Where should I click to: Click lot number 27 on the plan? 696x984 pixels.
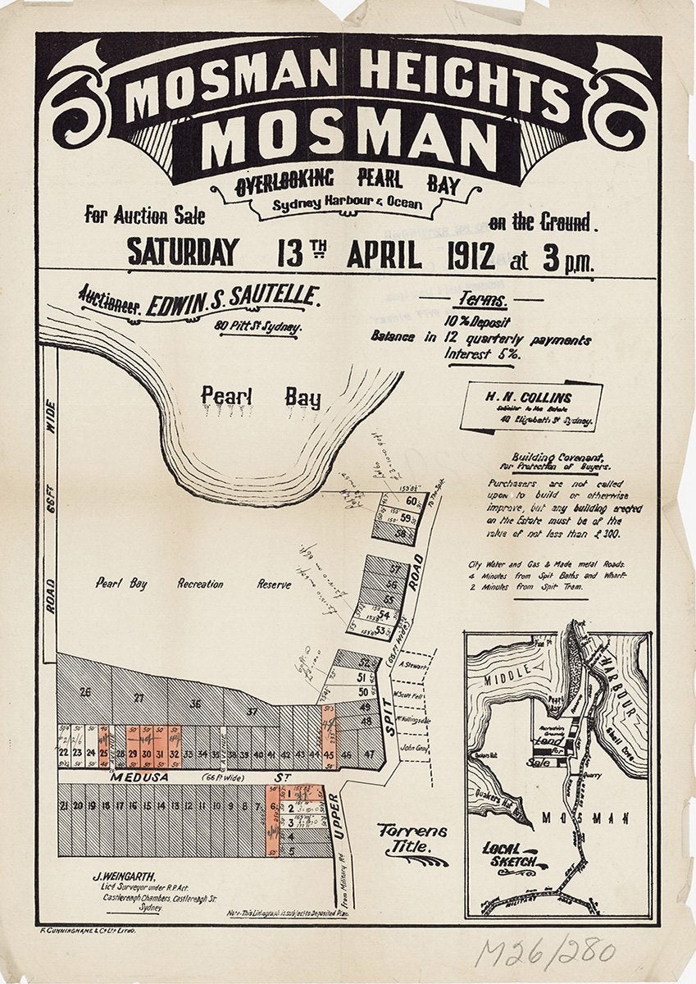tap(139, 699)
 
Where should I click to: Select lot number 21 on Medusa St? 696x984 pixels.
tap(63, 806)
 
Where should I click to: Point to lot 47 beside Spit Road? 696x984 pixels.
tap(370, 753)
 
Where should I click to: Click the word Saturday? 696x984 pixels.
tap(183, 253)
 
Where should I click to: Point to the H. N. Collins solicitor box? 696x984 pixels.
tap(531, 406)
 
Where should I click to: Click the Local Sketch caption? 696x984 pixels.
tap(509, 854)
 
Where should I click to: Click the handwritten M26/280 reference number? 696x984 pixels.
tap(545, 951)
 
